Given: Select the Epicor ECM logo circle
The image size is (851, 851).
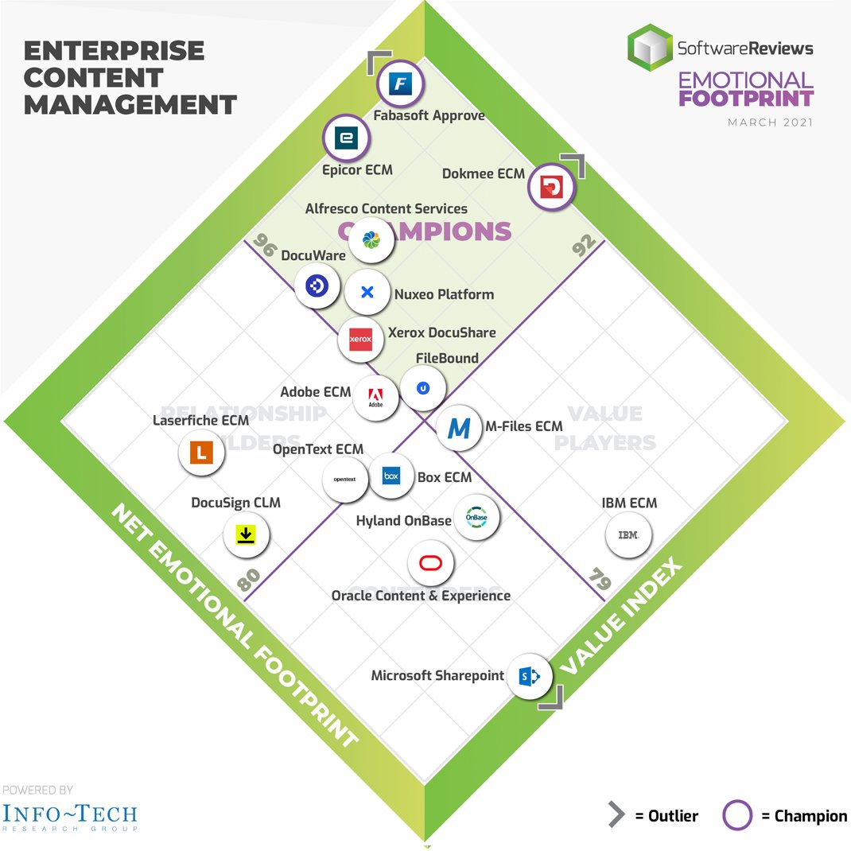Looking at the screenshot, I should click(x=345, y=138).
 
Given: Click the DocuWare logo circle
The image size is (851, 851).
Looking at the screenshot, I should click(x=317, y=286).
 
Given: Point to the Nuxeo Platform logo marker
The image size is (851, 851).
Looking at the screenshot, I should click(x=367, y=292).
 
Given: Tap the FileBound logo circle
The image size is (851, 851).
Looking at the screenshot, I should click(x=423, y=387).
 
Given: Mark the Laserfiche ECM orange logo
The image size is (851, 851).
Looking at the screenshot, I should click(x=202, y=453).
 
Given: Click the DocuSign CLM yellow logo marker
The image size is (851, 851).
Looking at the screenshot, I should click(x=246, y=535).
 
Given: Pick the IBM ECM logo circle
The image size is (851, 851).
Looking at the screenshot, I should click(x=628, y=535).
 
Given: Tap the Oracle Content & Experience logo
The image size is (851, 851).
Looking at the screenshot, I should click(x=430, y=564).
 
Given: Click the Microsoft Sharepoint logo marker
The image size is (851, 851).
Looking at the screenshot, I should click(x=530, y=676).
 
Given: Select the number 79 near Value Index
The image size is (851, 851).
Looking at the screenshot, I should click(x=600, y=579).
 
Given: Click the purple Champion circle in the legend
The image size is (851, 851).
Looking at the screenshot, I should click(x=737, y=815).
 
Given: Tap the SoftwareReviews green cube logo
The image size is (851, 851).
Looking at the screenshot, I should click(x=650, y=48).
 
